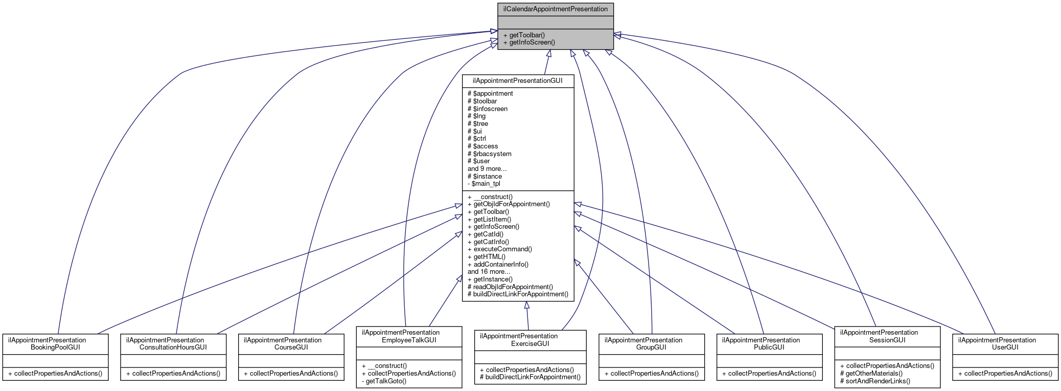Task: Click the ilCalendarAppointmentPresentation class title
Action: (x=555, y=9)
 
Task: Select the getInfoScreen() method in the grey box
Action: (x=529, y=42)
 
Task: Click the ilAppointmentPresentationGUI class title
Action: (x=517, y=81)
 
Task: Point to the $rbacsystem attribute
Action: (x=489, y=154)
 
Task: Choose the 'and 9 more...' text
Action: (x=487, y=169)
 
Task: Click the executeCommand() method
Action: (x=499, y=249)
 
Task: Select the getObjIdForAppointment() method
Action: (x=509, y=204)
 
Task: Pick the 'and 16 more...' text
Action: (x=489, y=272)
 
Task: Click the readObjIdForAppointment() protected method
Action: (x=510, y=287)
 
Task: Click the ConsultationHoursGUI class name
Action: (x=173, y=347)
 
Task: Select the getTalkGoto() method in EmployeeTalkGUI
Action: (x=384, y=381)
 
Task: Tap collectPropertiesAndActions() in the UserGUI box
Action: (x=1005, y=374)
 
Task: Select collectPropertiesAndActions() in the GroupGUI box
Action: (x=651, y=374)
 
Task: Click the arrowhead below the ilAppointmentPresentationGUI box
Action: (x=526, y=306)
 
